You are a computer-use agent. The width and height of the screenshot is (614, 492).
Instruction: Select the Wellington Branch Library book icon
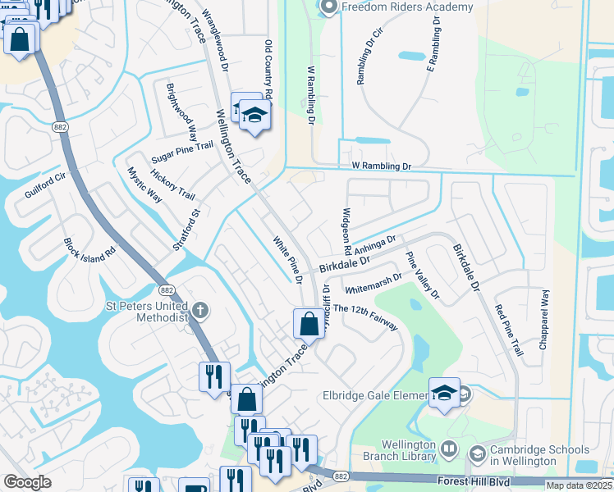click(449, 449)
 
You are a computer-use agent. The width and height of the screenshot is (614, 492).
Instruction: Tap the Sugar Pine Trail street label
click(182, 152)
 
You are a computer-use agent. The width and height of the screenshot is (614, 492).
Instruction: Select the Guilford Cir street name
click(44, 187)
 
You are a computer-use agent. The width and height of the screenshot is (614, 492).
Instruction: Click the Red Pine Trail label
click(508, 330)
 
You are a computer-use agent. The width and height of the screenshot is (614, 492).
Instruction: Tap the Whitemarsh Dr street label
click(374, 283)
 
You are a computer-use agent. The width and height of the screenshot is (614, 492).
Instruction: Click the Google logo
click(28, 482)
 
